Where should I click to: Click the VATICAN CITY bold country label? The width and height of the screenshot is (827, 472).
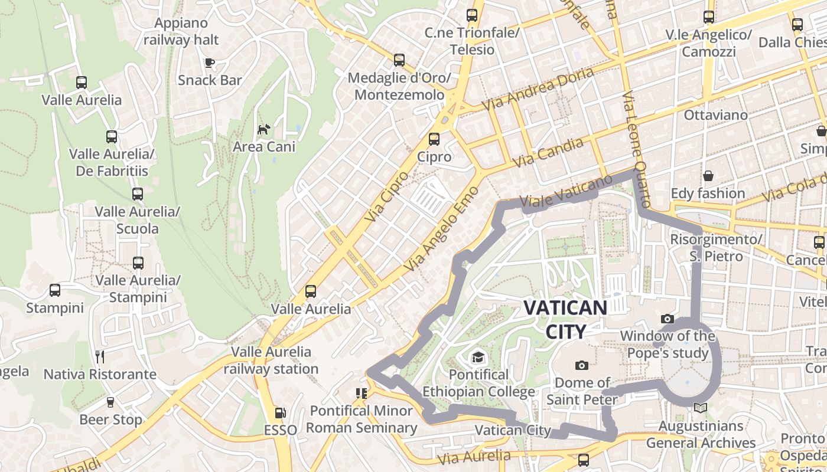565,319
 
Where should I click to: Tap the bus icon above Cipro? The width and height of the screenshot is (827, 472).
434,139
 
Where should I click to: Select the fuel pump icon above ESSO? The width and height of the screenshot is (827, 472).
281,413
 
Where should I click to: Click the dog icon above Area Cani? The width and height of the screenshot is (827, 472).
263,129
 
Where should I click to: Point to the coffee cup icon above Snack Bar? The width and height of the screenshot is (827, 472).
209,63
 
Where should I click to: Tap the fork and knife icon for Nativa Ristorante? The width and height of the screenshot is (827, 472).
100,356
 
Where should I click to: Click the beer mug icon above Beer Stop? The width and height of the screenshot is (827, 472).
110,402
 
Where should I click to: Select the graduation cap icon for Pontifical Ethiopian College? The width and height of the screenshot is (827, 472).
478,358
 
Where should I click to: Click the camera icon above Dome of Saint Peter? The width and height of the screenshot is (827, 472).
581,365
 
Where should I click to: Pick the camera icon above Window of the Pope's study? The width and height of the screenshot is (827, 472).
668,319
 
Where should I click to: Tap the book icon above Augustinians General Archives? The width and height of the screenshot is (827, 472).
701,408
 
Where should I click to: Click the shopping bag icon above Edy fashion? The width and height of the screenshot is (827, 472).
708,176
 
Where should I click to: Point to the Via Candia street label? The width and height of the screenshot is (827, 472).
548,152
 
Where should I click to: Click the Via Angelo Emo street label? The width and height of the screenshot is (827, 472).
441,230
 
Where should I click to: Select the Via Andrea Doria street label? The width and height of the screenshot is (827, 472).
538,89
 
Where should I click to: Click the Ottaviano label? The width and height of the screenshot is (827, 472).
715,115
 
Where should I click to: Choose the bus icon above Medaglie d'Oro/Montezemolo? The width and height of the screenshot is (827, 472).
399,60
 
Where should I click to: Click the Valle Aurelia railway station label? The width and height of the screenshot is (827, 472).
271,360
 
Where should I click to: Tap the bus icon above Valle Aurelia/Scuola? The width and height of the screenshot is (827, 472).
138,194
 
